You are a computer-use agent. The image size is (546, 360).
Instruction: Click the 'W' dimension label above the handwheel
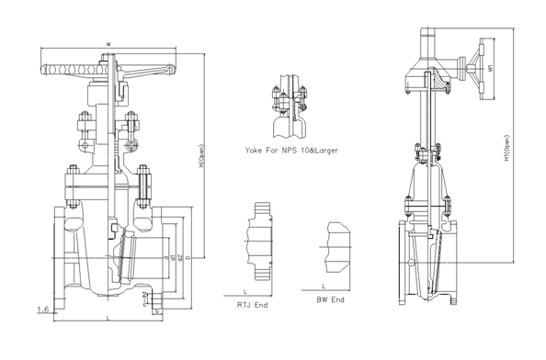click(108, 43)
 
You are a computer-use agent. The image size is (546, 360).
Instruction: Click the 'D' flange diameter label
click(188, 259)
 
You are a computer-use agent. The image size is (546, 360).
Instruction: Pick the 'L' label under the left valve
click(108, 318)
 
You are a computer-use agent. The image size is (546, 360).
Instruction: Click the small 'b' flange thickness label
click(158, 311)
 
